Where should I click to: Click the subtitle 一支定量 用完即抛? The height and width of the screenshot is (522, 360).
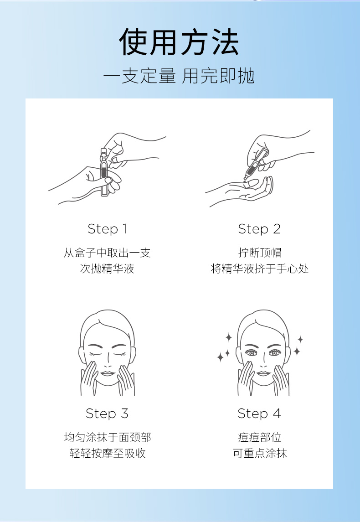coord(179,77)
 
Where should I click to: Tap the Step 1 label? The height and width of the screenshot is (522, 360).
coord(107,229)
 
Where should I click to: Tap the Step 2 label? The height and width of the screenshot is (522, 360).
coord(259,229)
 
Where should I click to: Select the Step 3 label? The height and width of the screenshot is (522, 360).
coord(107,413)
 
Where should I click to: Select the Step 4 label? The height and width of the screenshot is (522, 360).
coord(259,413)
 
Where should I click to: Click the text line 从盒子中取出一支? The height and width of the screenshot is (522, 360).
coord(107,253)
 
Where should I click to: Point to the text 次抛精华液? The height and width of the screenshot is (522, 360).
coord(107,269)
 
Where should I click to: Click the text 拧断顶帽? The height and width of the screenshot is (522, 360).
coord(259,253)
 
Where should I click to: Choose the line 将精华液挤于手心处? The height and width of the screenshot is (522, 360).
coord(259,269)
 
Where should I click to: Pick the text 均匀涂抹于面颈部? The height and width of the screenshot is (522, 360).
coord(107,438)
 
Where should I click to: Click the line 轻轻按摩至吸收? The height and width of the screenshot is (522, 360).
coord(107,454)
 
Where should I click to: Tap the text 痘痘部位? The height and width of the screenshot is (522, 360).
coord(259,438)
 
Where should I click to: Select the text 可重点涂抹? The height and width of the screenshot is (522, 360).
coord(259,454)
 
